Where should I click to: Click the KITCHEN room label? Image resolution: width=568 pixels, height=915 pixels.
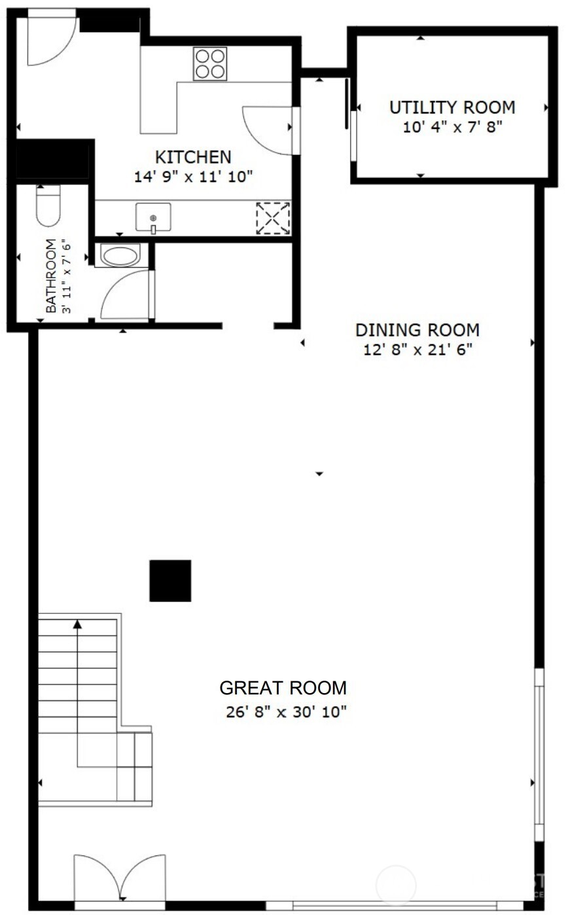192,157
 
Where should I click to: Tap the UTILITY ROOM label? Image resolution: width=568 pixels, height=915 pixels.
452,107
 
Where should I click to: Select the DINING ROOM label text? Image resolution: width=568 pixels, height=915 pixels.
417,330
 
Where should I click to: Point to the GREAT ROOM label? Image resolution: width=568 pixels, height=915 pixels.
283,689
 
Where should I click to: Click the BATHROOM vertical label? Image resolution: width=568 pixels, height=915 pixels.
51,276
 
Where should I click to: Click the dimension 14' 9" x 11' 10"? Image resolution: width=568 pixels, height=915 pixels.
193,176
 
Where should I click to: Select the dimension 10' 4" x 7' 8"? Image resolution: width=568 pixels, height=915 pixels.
452,126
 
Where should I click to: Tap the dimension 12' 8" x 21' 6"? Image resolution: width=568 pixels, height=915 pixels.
417,350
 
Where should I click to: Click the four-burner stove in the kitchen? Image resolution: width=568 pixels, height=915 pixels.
210,64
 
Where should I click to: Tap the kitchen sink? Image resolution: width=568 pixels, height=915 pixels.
153,217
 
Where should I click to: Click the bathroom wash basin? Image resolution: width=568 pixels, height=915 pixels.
120,256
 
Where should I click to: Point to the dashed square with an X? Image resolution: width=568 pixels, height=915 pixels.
273,218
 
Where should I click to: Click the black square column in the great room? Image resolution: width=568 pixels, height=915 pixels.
170,581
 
